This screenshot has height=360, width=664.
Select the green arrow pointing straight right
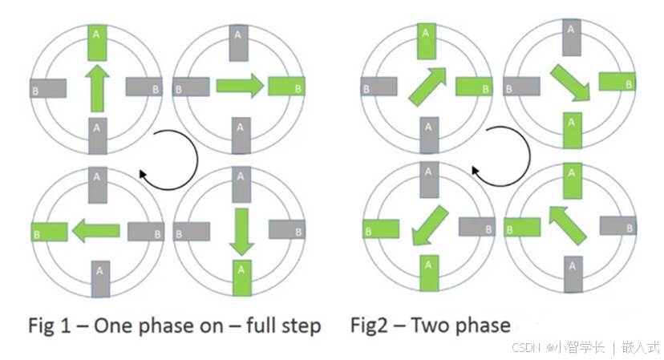239,85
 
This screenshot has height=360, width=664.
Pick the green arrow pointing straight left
95,233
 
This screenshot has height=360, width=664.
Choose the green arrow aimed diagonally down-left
431,225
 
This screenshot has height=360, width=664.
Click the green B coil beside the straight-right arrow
285,87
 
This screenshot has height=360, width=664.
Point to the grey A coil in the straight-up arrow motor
97,135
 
